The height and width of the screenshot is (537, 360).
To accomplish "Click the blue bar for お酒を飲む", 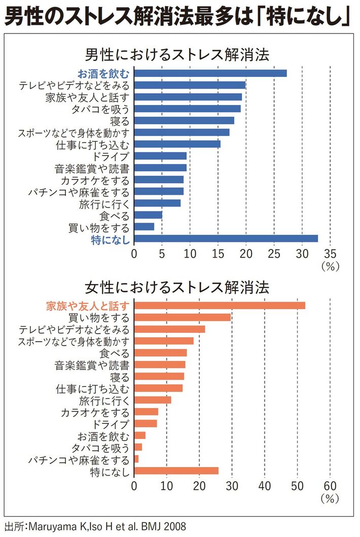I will tap(210, 73).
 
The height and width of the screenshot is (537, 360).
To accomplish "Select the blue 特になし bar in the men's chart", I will tap(226, 239).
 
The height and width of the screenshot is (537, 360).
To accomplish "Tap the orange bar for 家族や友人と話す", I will tap(220, 305).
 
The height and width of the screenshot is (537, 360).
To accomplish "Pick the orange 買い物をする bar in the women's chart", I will tap(183, 317).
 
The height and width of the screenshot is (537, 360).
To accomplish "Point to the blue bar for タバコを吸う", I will tap(187, 109).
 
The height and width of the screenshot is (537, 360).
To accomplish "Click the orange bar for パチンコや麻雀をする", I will tap(136, 459).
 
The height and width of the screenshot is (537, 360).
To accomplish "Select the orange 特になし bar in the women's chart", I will tap(176, 471).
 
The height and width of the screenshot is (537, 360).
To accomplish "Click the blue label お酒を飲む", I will tap(103, 73).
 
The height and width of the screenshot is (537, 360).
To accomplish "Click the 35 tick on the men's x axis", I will tap(330, 254).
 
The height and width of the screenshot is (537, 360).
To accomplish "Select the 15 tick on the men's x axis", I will tap(218, 254).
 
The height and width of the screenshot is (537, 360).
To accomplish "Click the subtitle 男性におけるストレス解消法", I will tap(176, 54).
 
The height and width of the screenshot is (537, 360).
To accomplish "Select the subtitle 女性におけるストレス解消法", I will tap(176, 287).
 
